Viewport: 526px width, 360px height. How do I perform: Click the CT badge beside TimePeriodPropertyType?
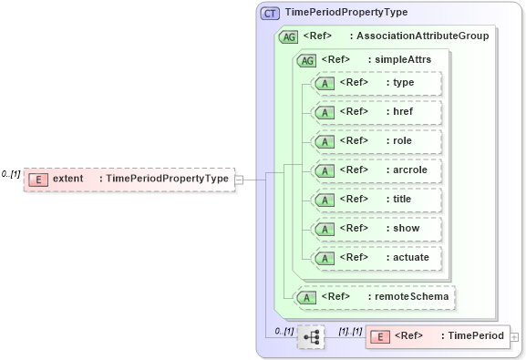point(271,13)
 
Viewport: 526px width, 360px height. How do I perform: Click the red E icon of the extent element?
point(36,179)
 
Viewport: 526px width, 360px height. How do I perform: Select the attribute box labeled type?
point(376,83)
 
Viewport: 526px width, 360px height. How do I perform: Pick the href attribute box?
point(376,112)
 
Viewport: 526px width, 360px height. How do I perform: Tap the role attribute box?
point(376,141)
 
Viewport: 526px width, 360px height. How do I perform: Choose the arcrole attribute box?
point(376,170)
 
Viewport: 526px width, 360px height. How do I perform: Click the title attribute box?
point(376,200)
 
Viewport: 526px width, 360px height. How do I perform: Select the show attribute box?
point(376,229)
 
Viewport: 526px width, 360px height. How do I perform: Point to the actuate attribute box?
point(376,258)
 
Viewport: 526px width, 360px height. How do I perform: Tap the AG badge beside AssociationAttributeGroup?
point(288,36)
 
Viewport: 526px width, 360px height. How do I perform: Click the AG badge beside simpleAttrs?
point(306,60)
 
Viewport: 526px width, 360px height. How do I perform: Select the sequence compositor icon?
point(311,337)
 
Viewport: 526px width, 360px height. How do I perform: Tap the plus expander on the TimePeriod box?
point(515,337)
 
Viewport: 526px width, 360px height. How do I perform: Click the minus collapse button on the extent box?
point(239,180)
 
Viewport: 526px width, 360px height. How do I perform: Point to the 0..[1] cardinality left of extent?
point(11,173)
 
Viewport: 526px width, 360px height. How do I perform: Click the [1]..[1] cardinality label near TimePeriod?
point(351,330)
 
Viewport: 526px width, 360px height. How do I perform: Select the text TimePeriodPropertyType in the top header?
point(346,13)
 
